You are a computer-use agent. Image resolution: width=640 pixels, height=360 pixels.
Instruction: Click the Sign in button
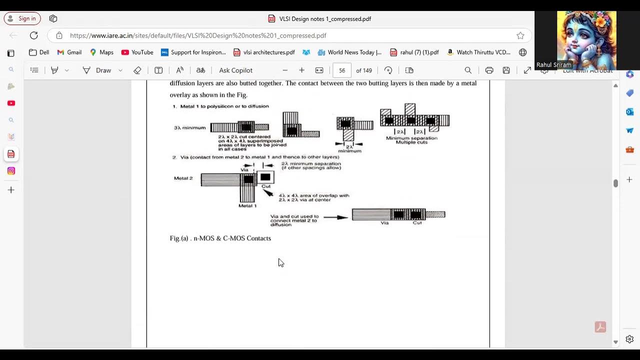[22, 18]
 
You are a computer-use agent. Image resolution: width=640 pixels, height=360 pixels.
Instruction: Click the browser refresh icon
[33, 35]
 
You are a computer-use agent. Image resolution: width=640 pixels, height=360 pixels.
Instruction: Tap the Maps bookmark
[101, 52]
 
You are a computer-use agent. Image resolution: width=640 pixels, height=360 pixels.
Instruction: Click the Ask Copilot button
[235, 70]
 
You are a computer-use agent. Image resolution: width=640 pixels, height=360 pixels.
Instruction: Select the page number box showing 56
[342, 70]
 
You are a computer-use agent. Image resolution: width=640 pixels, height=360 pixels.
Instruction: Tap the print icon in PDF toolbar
[489, 70]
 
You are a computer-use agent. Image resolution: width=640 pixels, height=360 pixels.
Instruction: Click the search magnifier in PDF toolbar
[468, 70]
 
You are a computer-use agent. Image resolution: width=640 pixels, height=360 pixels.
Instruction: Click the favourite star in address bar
[520, 35]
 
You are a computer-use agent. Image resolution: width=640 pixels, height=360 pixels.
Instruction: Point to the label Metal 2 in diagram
[183, 178]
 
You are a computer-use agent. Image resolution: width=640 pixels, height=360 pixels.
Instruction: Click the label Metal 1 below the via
[247, 205]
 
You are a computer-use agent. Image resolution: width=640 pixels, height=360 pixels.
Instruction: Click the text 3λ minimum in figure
[189, 128]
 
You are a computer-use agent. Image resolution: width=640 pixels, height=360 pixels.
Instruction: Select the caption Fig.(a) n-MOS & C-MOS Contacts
[220, 238]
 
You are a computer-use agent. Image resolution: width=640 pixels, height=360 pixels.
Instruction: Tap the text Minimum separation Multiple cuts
[411, 140]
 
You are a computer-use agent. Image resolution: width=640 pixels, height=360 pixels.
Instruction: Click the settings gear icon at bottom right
[629, 339]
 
